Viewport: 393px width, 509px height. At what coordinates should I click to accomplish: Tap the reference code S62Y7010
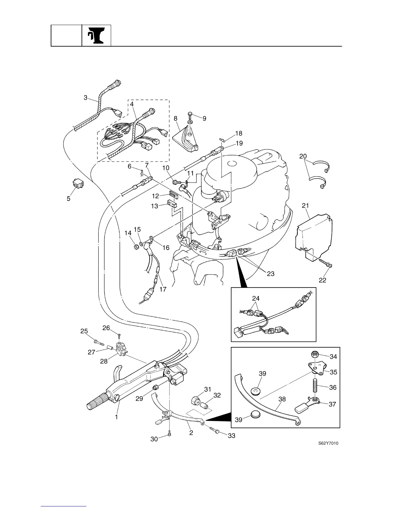point(328,443)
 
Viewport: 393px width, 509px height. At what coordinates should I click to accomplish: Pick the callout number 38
point(282,399)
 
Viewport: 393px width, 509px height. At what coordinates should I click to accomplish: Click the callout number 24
point(256,298)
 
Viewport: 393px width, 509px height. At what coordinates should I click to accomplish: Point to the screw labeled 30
point(169,434)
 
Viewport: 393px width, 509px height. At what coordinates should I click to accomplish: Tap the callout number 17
point(163,289)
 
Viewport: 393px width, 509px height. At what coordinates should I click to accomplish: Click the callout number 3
point(85,97)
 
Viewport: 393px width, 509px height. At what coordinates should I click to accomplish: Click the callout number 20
point(303,156)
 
